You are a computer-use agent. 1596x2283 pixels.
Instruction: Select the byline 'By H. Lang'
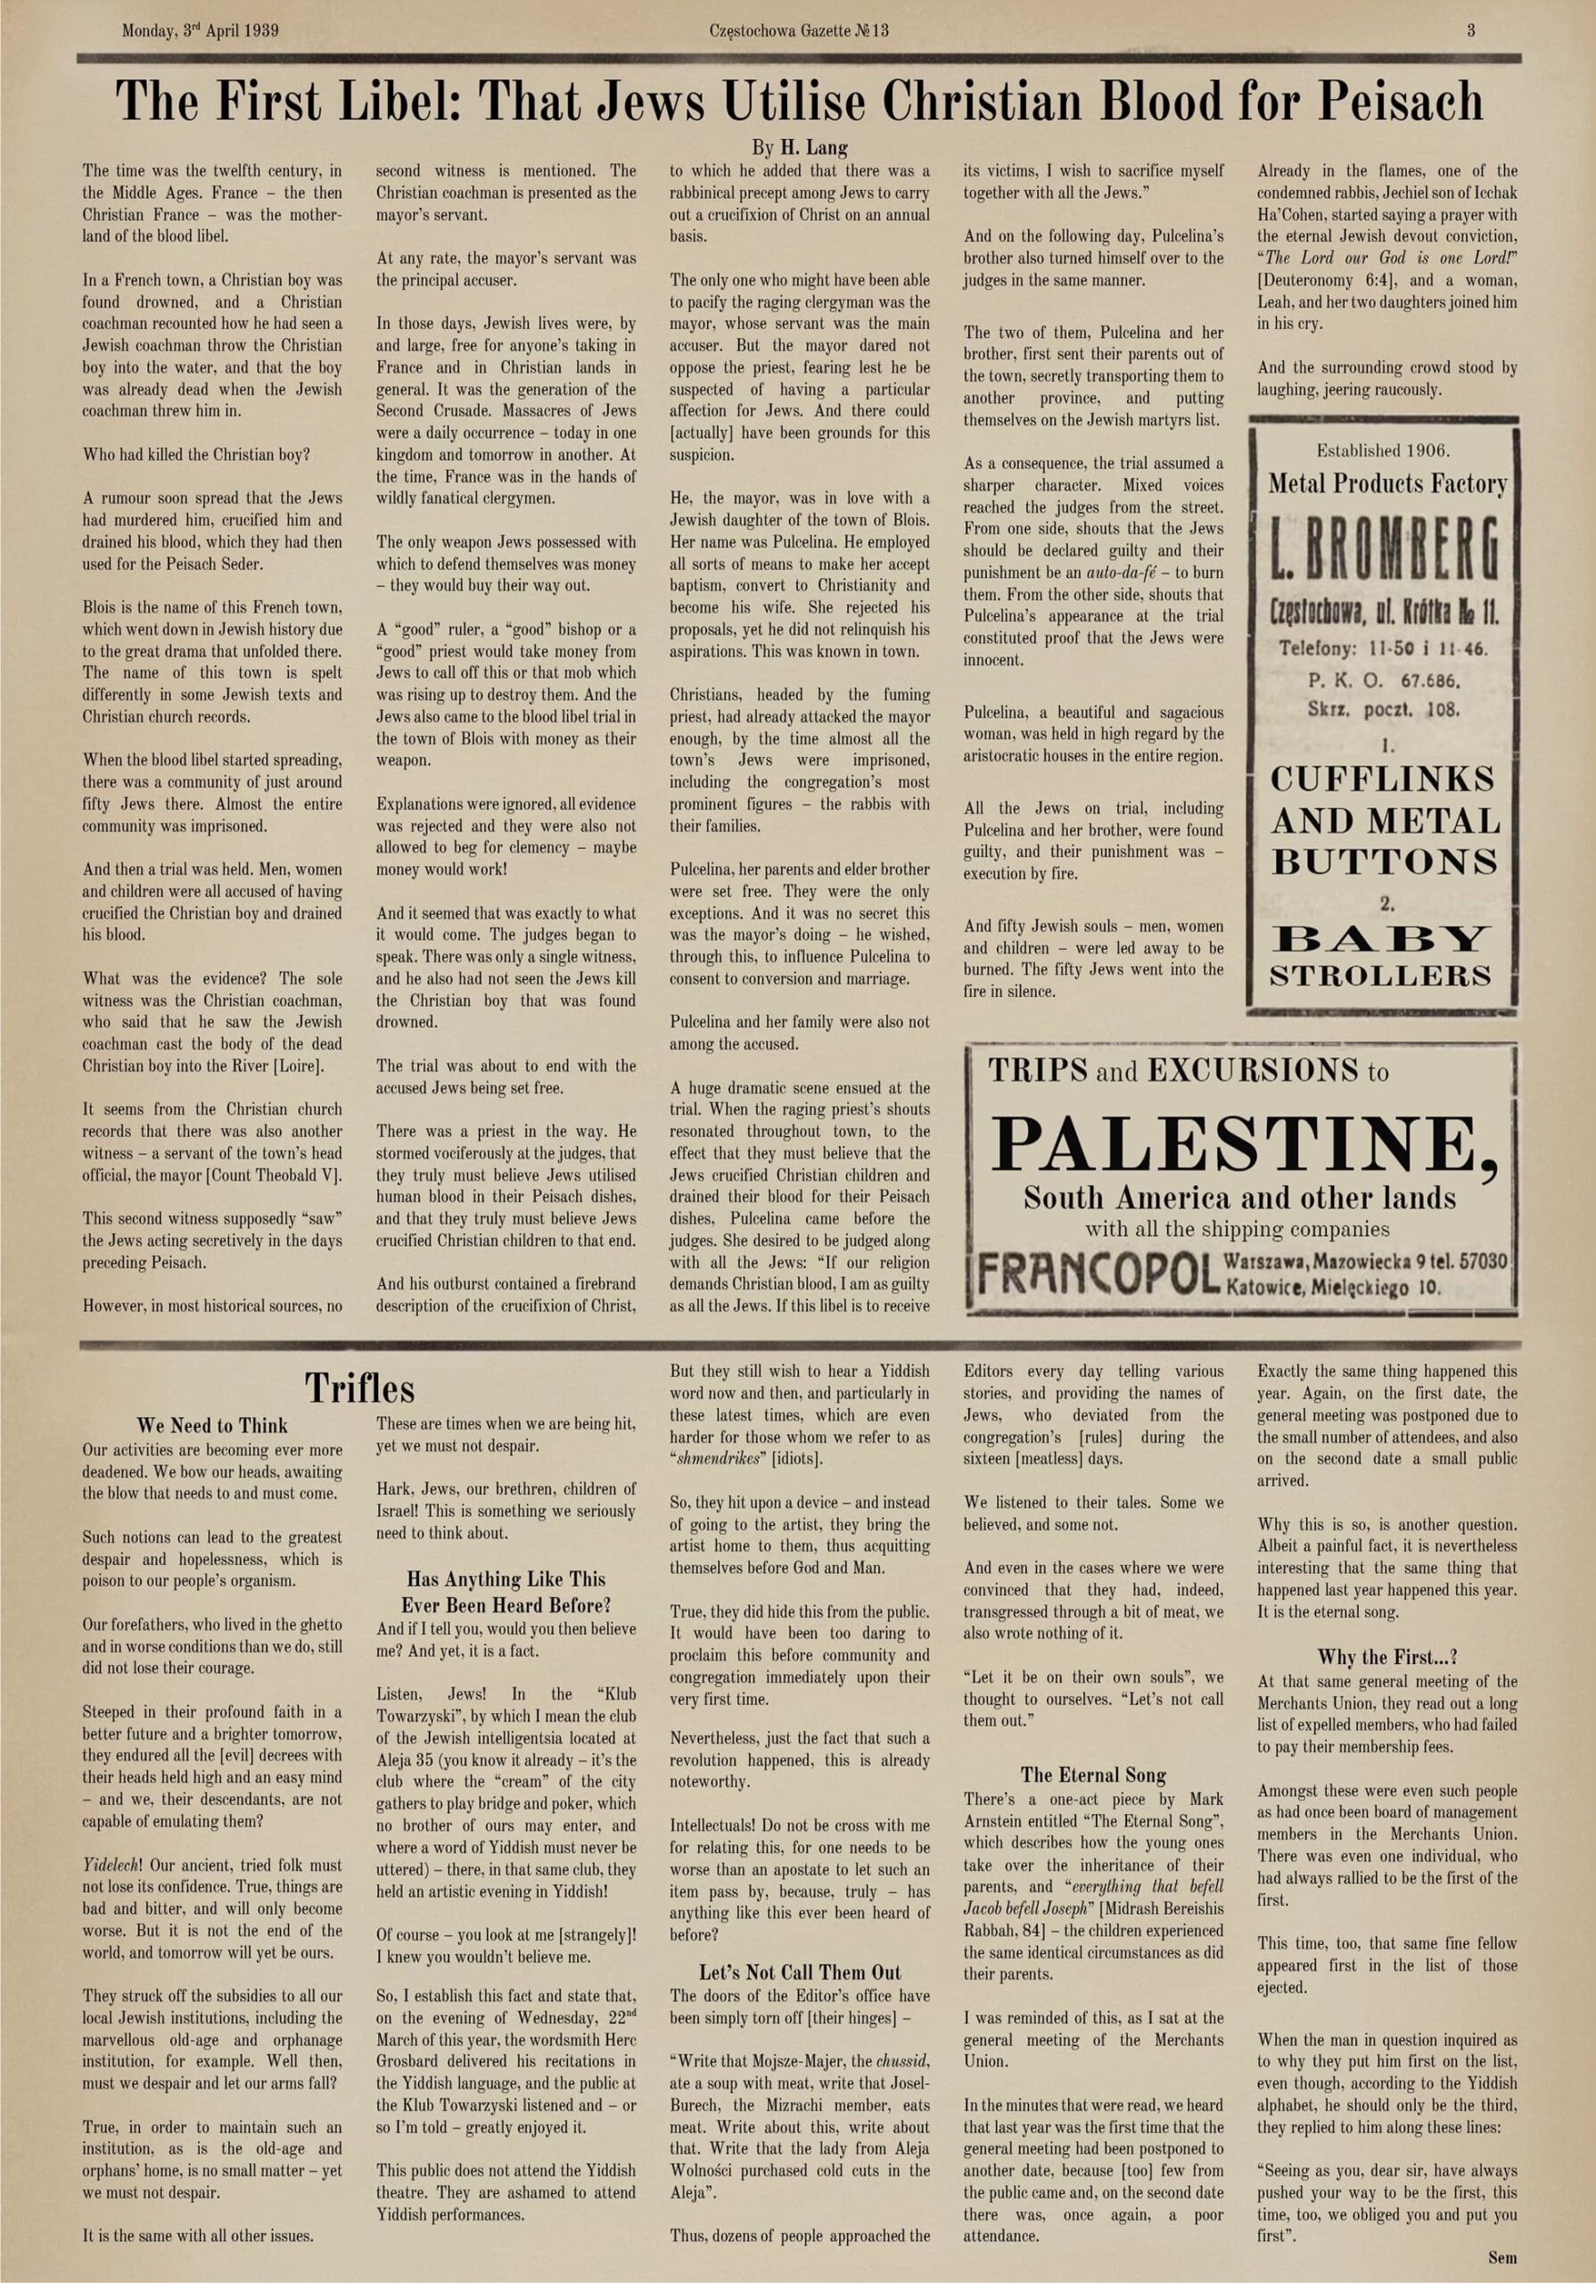pos(800,148)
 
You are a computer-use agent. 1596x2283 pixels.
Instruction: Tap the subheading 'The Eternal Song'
pos(1093,1775)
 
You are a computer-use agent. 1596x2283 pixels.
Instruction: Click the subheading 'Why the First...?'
pos(1387,1657)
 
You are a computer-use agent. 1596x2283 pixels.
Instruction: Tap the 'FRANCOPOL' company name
pos(1094,1274)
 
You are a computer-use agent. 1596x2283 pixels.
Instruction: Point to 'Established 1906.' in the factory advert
pos(1382,450)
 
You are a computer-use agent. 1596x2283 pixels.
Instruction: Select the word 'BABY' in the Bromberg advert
pos(1382,937)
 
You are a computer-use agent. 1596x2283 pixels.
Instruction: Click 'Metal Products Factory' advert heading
pos(1387,484)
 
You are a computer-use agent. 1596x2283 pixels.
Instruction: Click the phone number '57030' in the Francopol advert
pos(1485,1262)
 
